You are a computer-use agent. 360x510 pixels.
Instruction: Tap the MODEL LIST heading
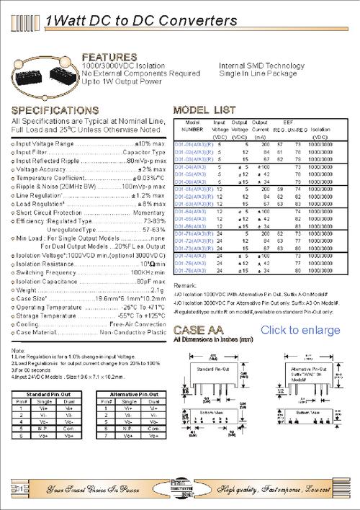click(x=204, y=110)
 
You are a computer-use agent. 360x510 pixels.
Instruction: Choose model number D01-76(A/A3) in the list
click(x=188, y=271)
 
